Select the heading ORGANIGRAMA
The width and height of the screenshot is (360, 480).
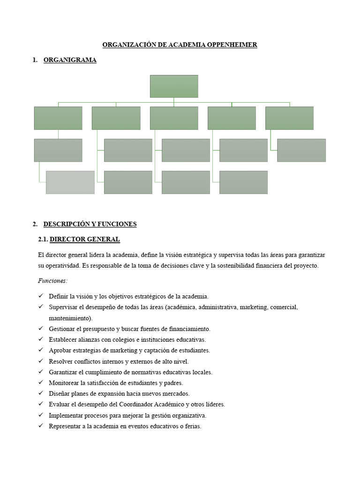pos(70,60)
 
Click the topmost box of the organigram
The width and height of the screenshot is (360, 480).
pos(174,86)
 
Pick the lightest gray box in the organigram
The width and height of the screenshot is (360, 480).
pos(70,182)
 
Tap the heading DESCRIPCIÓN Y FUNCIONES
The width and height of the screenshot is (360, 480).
pos(90,224)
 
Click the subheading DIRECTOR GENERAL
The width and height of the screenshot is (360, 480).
pos(85,240)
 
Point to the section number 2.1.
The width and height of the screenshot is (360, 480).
pos(43,240)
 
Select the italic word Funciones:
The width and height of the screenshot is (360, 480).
pos(52,281)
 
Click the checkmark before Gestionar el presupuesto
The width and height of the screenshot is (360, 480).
pos(41,329)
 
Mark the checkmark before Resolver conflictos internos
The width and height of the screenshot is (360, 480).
pos(41,361)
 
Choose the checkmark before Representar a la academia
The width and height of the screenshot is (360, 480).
pos(41,426)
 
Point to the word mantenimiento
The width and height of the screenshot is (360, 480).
pos(70,318)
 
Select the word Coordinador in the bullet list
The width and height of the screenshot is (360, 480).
pos(166,405)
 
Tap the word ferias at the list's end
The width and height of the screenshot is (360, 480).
pos(192,427)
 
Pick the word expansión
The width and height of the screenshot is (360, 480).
pos(112,394)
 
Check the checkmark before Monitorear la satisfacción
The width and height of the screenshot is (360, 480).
pos(41,382)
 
